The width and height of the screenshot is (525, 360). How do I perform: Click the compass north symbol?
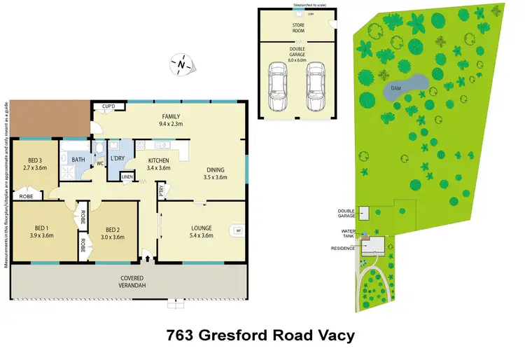coord(181,65)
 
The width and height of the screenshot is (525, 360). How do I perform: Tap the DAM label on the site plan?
coord(395,88)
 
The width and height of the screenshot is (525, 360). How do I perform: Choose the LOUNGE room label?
coord(202,228)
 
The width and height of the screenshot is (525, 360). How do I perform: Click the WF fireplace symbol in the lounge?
coord(238,230)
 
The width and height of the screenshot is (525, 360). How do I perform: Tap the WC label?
coord(99,165)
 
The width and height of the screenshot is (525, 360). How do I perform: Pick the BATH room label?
coord(78,160)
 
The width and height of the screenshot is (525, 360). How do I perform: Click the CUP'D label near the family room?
coord(108,106)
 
